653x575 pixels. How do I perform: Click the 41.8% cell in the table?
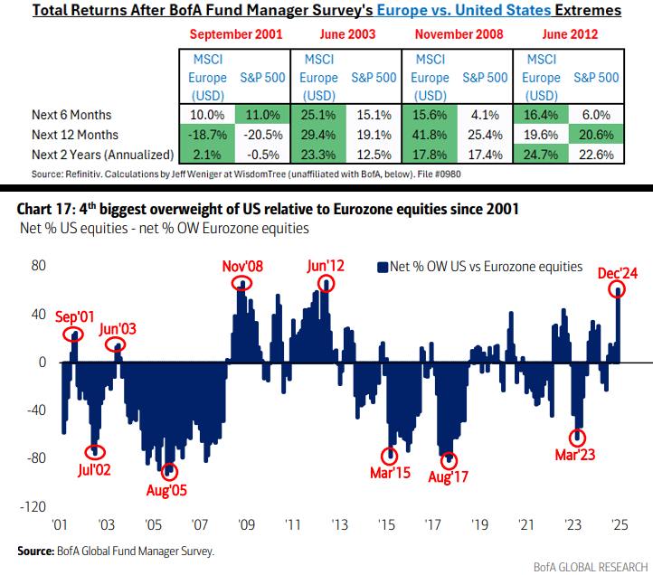pos(431,135)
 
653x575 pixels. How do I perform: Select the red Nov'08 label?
pos(243,266)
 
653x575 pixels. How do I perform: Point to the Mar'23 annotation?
pos(576,454)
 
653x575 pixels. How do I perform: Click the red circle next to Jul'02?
pos(97,452)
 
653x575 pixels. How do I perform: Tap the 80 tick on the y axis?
pos(39,268)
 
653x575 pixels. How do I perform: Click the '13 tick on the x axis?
pos(339,525)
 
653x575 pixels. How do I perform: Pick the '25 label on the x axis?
pos(620,525)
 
